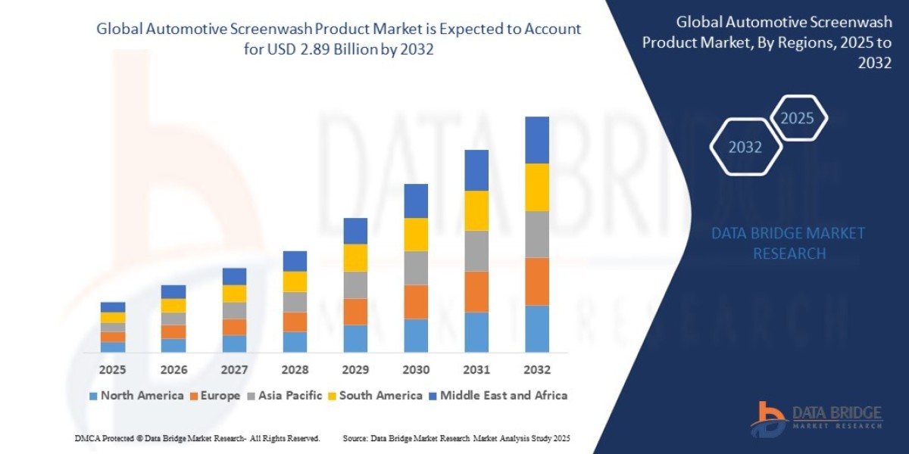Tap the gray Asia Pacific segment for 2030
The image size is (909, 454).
coord(416,268)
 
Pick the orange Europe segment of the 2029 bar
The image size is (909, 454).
coord(355,312)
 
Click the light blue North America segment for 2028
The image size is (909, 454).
coord(295,342)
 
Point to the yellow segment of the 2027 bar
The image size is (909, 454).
coord(234,294)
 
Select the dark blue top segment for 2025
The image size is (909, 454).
coord(113,307)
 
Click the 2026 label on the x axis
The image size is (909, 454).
coord(173,370)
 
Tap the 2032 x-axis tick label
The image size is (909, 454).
coord(536,370)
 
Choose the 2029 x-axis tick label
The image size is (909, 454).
coord(355,370)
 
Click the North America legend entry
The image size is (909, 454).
coord(136,395)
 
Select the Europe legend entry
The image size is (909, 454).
coord(215,395)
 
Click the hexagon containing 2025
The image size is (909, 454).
coord(797,118)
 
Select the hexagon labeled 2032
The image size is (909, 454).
coord(745,147)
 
